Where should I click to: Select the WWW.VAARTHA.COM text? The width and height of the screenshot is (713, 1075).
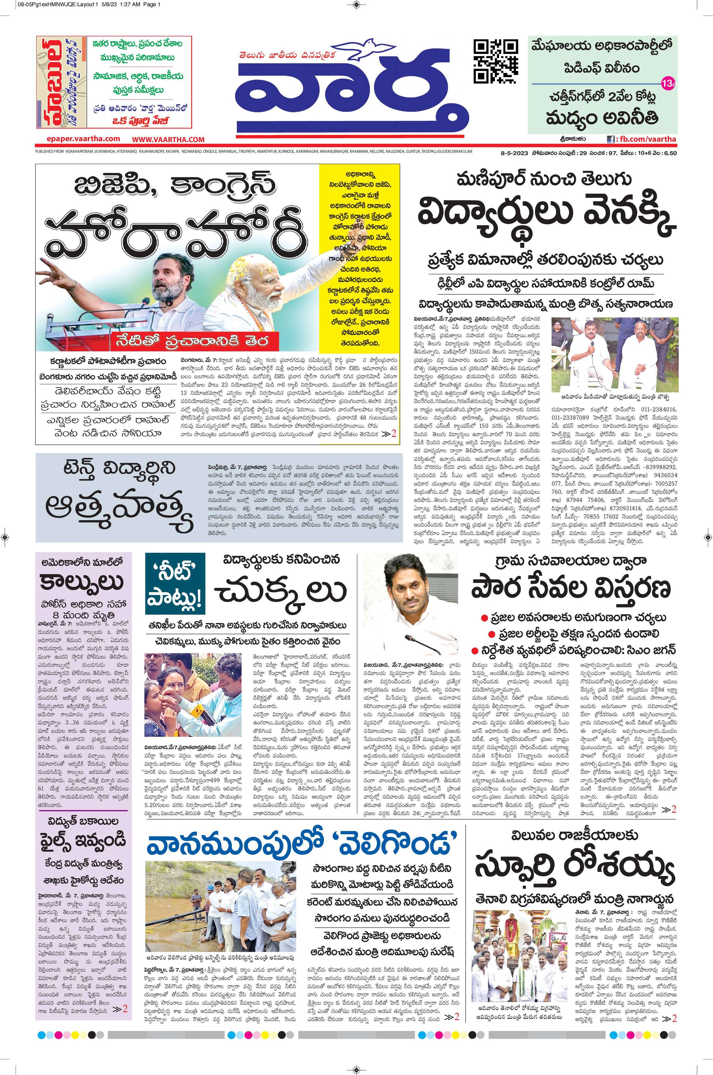pos(168,139)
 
